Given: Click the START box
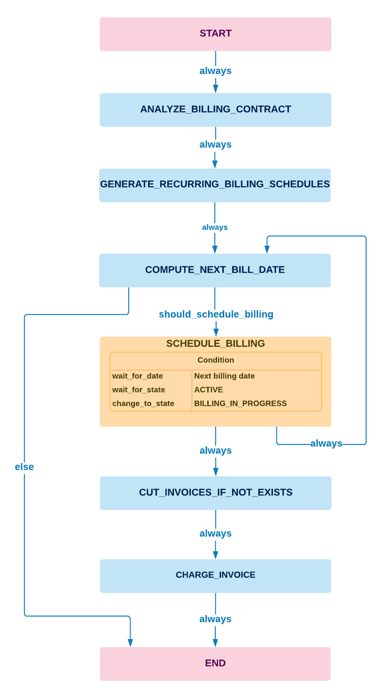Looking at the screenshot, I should tap(215, 34).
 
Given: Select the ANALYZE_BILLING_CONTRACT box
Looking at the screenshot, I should tap(215, 110).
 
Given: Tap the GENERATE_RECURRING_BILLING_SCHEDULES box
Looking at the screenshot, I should tap(215, 185).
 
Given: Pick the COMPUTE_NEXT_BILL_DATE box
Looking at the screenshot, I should tap(215, 270).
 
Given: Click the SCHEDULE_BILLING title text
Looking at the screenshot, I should tap(215, 344).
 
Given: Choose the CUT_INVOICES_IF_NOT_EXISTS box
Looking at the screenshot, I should tap(215, 493).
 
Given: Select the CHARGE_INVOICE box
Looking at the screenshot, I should tap(215, 575).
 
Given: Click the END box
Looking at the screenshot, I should tap(215, 664).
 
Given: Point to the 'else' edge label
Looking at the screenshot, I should tap(24, 467).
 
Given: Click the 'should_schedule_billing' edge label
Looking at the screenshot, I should tap(216, 314).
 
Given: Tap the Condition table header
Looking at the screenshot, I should tap(216, 360).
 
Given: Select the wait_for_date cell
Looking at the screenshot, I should tap(138, 376).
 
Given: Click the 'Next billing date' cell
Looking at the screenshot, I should tap(225, 376).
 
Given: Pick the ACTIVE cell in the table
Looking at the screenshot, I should tap(209, 390).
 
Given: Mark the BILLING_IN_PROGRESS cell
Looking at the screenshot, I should tap(241, 404).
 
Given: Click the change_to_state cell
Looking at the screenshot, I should tap(143, 404).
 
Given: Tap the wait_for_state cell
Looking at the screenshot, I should tap(138, 390).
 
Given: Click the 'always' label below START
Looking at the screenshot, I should tap(215, 71).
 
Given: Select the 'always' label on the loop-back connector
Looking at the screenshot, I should tap(326, 444).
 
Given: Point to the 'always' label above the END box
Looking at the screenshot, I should tap(215, 619).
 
